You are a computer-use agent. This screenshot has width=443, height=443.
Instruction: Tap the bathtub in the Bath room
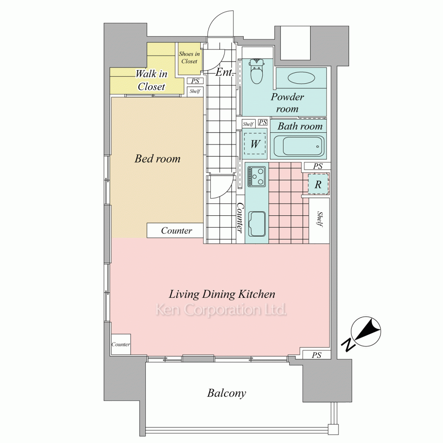click(303, 146)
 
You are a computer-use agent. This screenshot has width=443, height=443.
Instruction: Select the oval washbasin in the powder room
click(301, 78)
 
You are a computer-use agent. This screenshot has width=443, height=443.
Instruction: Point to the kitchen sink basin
click(256, 223)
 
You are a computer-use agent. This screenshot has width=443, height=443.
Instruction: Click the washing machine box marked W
click(255, 143)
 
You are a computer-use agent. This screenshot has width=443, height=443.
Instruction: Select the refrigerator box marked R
click(318, 184)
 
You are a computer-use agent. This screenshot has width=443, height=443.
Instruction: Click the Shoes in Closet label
click(189, 58)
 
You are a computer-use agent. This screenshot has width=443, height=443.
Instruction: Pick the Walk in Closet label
click(152, 80)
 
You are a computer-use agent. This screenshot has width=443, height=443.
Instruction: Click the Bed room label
click(157, 159)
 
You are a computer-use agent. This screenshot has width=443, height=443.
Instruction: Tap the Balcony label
click(226, 393)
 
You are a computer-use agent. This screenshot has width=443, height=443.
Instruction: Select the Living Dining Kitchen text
click(222, 294)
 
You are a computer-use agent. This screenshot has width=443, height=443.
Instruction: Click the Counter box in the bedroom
click(175, 230)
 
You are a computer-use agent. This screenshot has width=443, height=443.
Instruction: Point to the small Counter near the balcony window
click(120, 344)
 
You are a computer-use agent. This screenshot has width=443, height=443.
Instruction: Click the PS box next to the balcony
click(316, 355)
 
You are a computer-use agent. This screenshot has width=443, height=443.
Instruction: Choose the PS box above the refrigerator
click(318, 166)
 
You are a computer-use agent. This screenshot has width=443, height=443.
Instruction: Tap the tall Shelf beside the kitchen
click(319, 220)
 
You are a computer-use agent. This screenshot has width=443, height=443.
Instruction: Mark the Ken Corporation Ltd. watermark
click(221, 310)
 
